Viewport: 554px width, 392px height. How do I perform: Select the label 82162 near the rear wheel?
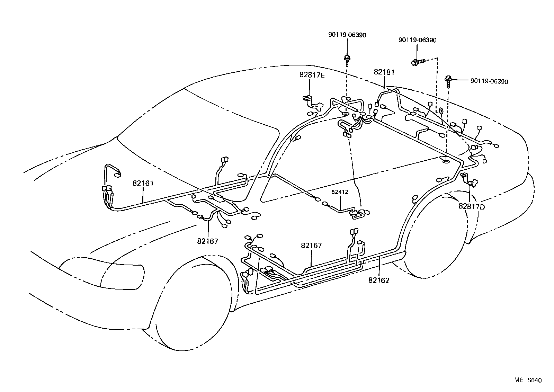pyautogui.click(x=379, y=280)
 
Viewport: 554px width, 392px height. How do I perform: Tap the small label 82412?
pyautogui.click(x=339, y=192)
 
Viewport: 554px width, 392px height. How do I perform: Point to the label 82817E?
pyautogui.click(x=312, y=75)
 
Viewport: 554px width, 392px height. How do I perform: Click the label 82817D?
pyautogui.click(x=472, y=206)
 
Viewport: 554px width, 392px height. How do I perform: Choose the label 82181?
pyautogui.click(x=384, y=72)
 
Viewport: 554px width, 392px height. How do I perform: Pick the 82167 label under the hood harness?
pyautogui.click(x=208, y=241)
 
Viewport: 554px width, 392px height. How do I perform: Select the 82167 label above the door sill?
pyautogui.click(x=311, y=246)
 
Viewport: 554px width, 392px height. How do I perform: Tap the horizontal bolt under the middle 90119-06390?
pyautogui.click(x=418, y=62)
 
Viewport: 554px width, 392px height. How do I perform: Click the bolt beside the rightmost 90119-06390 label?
pyautogui.click(x=448, y=81)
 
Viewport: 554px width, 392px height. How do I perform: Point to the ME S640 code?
pyautogui.click(x=527, y=380)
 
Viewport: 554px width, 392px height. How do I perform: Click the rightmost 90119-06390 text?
pyautogui.click(x=489, y=82)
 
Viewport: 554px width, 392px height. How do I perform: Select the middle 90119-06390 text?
pyautogui.click(x=417, y=40)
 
